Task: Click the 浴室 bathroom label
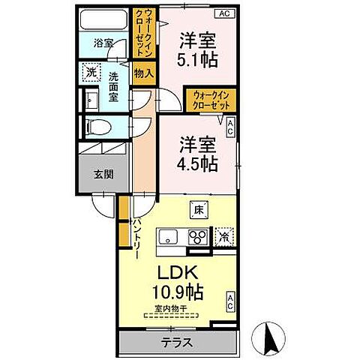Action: point(103,43)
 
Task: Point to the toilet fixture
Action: point(93,127)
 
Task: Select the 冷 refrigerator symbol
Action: point(223,236)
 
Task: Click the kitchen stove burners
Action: point(199,238)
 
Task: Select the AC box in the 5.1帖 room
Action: point(223,13)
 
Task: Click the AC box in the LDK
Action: point(229,303)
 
